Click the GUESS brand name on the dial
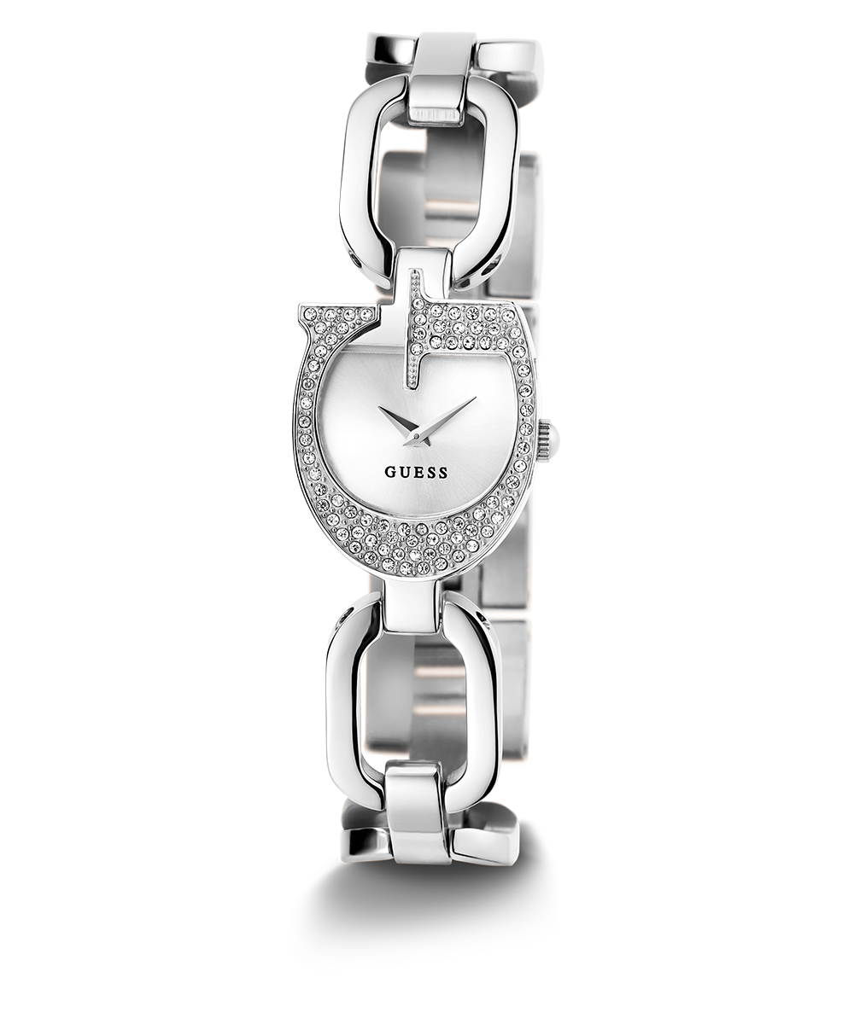(x=416, y=472)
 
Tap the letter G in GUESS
(x=390, y=472)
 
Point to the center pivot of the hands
(x=416, y=435)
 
